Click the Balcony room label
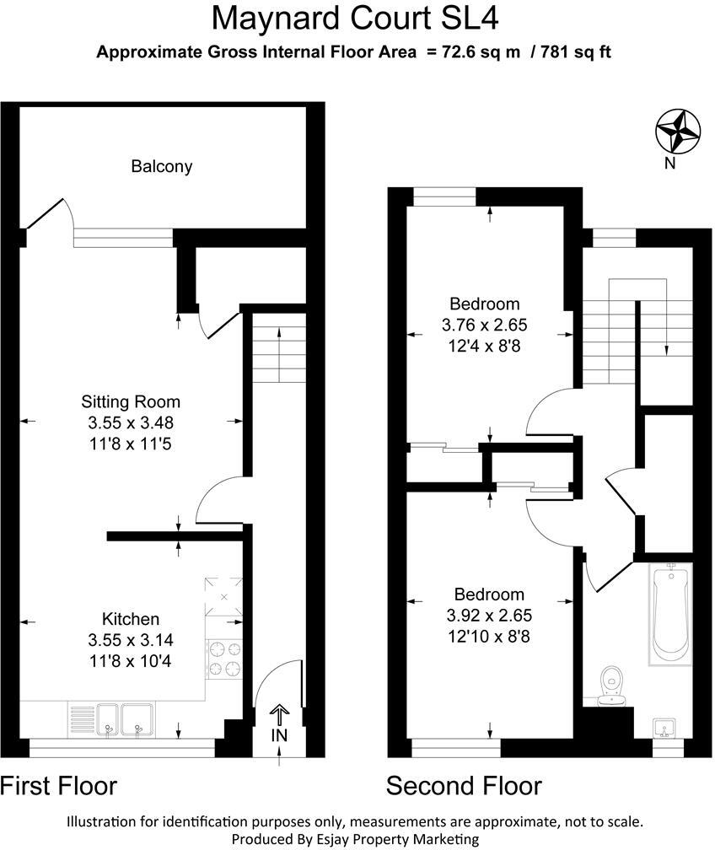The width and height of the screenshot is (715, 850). click(162, 166)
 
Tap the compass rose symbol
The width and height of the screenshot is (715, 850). click(678, 132)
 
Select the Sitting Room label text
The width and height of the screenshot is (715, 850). click(131, 401)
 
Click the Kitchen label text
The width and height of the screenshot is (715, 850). click(131, 619)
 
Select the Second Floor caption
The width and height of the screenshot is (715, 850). click(464, 786)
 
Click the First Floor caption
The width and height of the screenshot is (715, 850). click(59, 786)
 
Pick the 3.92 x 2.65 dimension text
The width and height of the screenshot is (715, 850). click(489, 616)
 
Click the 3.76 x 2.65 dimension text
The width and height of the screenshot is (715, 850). click(484, 325)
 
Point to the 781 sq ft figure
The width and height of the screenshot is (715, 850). click(578, 52)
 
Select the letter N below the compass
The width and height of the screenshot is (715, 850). click(670, 164)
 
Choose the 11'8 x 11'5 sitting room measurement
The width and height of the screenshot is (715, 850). click(131, 441)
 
